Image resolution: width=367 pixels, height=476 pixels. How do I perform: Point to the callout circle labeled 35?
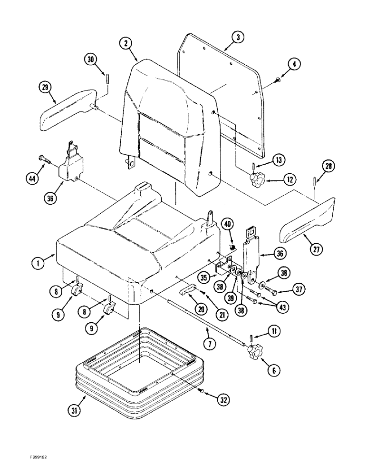(204, 277)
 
